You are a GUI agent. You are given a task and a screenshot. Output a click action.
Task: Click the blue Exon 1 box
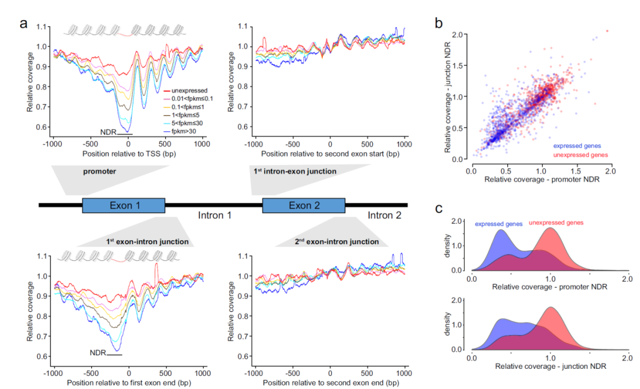coord(123,205)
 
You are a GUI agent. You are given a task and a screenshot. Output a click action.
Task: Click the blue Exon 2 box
coord(303,205)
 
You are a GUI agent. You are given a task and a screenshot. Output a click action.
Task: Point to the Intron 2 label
coord(384,215)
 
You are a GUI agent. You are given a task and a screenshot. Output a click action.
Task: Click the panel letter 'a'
coord(24,24)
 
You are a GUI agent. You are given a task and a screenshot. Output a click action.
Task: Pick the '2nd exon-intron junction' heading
coord(337,242)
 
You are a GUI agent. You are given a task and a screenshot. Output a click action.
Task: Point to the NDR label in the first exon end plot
coord(98,353)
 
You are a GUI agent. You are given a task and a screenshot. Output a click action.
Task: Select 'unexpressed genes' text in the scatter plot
coord(583,155)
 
